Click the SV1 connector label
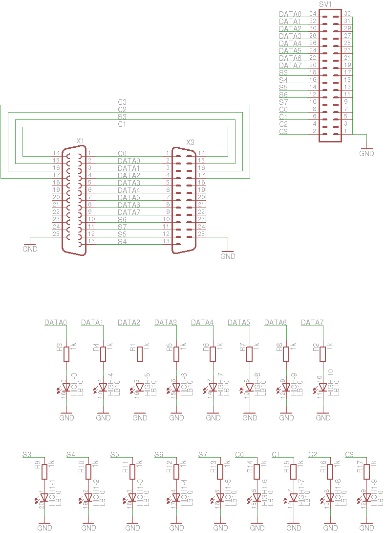click(325, 4)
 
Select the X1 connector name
click(81, 141)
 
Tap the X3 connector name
click(191, 142)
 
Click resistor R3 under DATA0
click(66, 354)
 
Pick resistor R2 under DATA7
click(323, 354)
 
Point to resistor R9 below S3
click(44, 471)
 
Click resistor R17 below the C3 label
click(367, 471)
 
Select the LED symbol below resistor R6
click(213, 388)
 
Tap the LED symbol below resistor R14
click(257, 498)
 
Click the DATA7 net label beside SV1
click(290, 66)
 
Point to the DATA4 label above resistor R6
click(202, 323)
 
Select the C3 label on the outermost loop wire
click(122, 102)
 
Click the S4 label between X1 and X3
click(122, 242)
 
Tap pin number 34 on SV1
click(313, 14)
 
